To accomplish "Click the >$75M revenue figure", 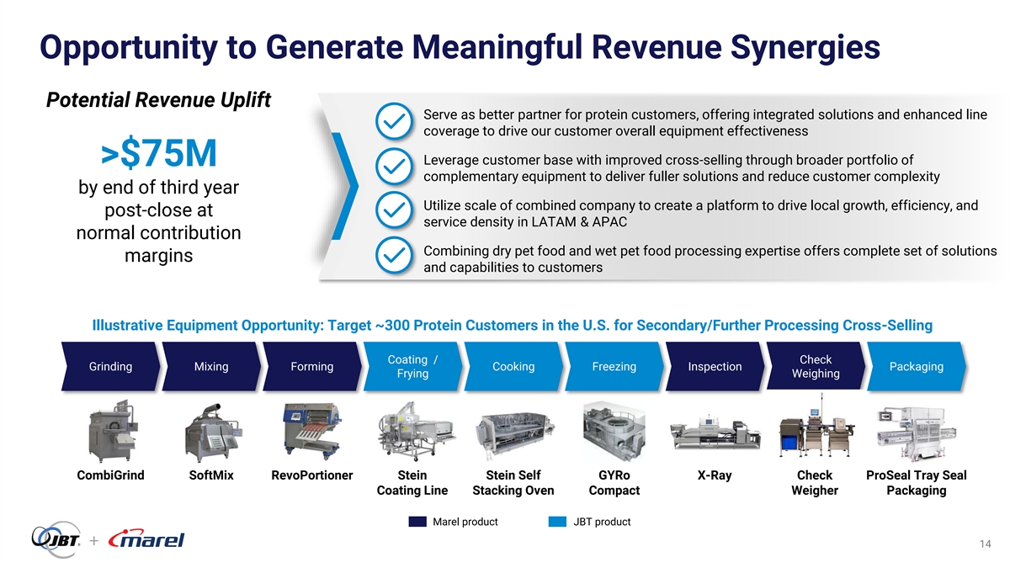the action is coord(159,153).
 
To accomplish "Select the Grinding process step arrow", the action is coord(111,366).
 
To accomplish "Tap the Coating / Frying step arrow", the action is coord(413,366).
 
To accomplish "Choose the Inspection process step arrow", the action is coord(715,366).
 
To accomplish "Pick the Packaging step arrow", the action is coord(917,366).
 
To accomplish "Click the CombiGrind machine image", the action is coord(112,431).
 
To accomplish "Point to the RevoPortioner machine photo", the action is coord(311,432).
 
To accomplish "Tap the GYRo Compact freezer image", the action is coord(614,432).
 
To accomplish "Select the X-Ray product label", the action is coord(715,475).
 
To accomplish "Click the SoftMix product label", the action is coord(211,475).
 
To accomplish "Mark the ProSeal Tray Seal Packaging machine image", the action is coord(916,433).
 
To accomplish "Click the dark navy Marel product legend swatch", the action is coord(417,522).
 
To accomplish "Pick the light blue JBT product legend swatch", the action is coord(557,522).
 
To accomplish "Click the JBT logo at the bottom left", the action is coord(56,539).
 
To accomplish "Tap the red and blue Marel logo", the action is coord(146,539).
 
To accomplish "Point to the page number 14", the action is coord(986,544).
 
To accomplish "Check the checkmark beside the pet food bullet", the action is coord(394,256).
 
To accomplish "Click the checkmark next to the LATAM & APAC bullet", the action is coord(394,210).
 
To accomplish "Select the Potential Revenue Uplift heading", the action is coord(159,99).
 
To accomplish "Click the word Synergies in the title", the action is coord(805,47).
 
